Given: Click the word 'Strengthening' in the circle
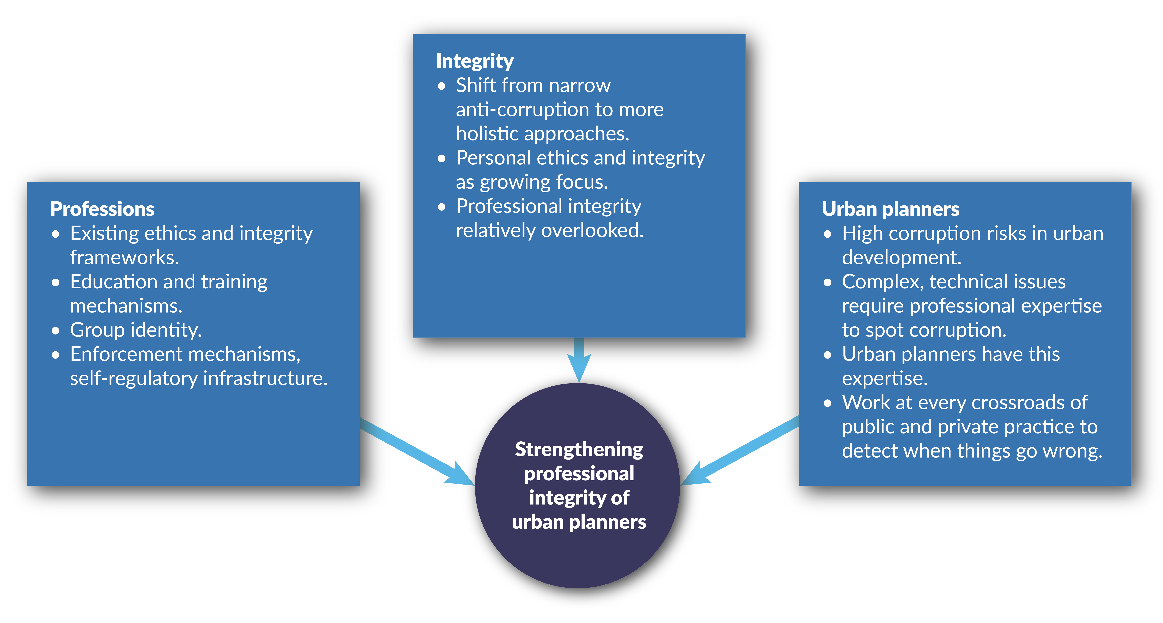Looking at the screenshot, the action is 579,449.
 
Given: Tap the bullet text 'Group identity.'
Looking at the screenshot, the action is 136,330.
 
